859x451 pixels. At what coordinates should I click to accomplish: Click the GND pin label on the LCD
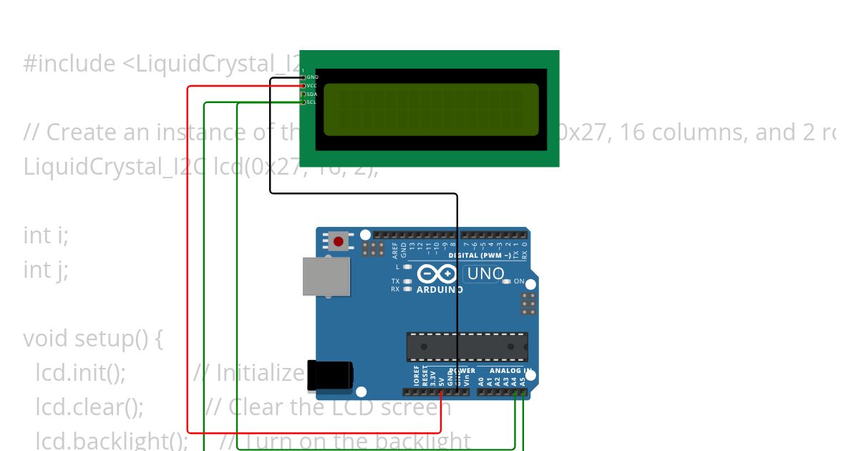[x=312, y=77]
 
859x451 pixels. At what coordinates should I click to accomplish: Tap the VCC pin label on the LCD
[x=312, y=85]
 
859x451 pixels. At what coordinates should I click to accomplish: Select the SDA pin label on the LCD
[x=312, y=94]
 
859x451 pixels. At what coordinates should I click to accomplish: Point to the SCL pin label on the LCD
[x=312, y=102]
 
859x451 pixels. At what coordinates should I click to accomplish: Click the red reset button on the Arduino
[x=338, y=241]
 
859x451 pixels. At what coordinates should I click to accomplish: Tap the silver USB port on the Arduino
[x=326, y=276]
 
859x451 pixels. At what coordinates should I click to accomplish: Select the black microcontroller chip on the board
[x=467, y=346]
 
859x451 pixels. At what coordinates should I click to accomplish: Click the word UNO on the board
[x=485, y=273]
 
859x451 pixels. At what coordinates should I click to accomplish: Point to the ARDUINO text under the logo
[x=440, y=290]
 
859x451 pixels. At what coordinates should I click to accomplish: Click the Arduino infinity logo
[x=437, y=274]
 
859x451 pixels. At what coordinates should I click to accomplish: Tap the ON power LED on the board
[x=507, y=281]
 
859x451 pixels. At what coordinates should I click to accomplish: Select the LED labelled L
[x=407, y=267]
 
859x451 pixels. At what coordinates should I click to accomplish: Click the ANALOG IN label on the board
[x=510, y=371]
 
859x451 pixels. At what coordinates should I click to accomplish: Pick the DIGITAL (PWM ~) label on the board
[x=480, y=256]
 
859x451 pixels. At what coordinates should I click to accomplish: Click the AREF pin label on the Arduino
[x=395, y=249]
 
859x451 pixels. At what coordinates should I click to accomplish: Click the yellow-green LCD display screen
[x=431, y=110]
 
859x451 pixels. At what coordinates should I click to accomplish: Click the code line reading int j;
[x=46, y=270]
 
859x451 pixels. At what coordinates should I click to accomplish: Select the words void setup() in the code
[x=86, y=338]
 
